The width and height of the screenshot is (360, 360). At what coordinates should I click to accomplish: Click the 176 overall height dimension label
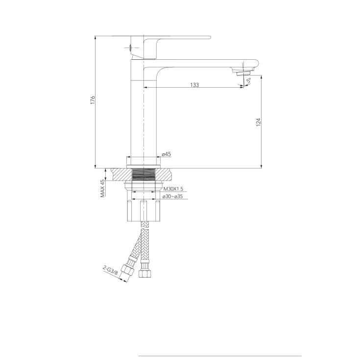pos(93,100)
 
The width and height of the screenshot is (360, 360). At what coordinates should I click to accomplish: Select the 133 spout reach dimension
pos(194,85)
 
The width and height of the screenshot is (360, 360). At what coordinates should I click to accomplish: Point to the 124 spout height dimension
pos(259,122)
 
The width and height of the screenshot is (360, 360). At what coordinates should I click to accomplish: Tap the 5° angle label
pos(249,81)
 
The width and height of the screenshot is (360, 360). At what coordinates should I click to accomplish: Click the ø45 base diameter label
pos(167,154)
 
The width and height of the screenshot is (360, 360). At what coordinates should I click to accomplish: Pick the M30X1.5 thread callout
pos(173,189)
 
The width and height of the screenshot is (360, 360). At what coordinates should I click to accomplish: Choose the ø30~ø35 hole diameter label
pos(172,196)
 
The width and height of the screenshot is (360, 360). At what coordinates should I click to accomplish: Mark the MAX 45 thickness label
pos(103,188)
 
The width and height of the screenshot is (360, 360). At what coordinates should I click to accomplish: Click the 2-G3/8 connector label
pos(110,270)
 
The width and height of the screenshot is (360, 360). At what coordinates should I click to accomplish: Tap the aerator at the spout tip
pos(243,73)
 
